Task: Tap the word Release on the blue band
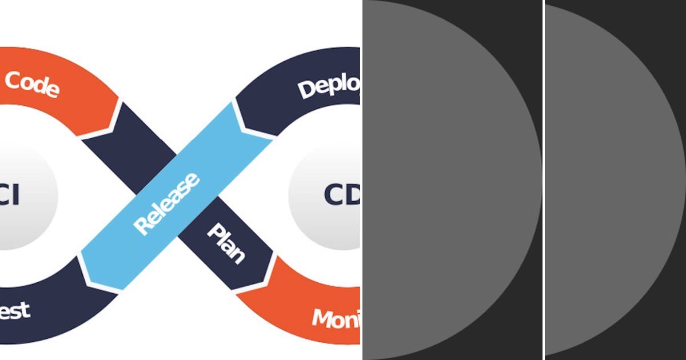click(x=166, y=203)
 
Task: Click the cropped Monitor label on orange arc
click(x=336, y=319)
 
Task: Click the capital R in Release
click(x=142, y=226)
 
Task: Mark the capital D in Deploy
click(x=307, y=90)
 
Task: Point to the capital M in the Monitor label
click(x=322, y=317)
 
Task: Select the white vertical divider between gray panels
click(x=543, y=180)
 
